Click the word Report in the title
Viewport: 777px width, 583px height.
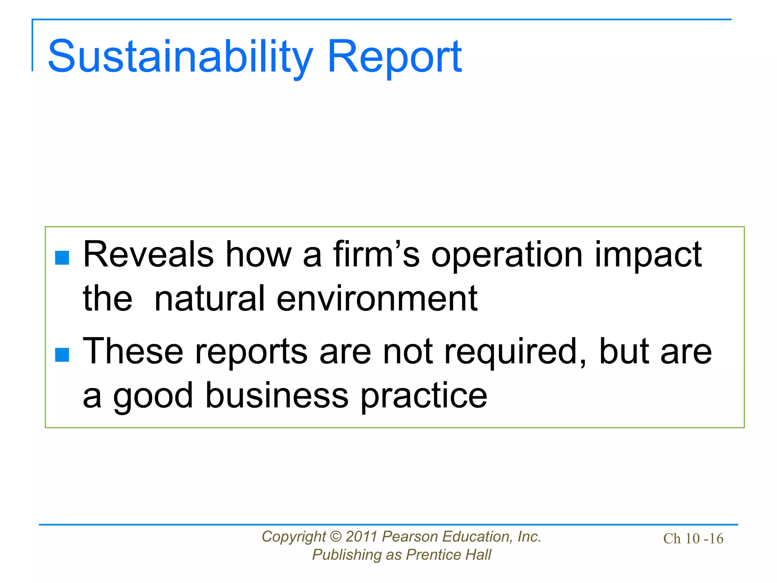394,57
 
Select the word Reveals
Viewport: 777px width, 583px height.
148,255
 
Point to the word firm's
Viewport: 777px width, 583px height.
376,255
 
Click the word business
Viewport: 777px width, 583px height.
277,396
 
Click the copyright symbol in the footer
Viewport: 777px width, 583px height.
336,537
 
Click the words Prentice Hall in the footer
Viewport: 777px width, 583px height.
448,555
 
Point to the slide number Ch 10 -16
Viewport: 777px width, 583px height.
693,539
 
